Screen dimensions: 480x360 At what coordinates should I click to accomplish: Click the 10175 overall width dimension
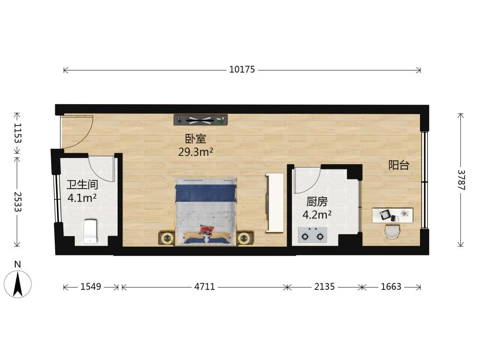(242, 70)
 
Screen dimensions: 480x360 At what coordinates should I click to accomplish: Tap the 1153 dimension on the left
(17, 133)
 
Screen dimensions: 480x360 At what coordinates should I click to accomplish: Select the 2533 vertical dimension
(17, 202)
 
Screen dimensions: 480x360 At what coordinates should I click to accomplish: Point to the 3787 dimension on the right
(461, 180)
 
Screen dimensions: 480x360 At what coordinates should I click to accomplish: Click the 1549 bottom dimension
(91, 287)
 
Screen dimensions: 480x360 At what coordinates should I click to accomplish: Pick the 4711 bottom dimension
(204, 287)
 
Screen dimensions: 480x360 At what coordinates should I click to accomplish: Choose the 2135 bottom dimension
(324, 287)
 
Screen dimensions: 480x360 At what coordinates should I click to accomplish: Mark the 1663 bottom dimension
(391, 287)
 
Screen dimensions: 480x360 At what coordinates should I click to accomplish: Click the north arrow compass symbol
(18, 284)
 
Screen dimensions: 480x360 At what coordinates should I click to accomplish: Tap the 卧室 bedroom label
(196, 139)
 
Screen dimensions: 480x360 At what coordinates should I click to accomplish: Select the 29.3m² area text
(196, 152)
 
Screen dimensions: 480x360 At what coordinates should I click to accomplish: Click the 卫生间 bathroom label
(83, 185)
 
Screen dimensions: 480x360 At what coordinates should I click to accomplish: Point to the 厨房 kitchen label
(317, 202)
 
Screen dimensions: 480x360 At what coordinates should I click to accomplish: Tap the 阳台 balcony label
(399, 165)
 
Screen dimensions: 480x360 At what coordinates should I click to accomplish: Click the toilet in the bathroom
(91, 231)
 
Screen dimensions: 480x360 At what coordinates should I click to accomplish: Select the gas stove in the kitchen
(312, 235)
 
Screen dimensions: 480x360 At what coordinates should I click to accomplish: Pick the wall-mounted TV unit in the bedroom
(201, 120)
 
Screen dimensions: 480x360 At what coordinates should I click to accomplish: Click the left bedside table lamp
(167, 238)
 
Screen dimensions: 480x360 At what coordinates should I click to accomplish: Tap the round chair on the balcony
(393, 231)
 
